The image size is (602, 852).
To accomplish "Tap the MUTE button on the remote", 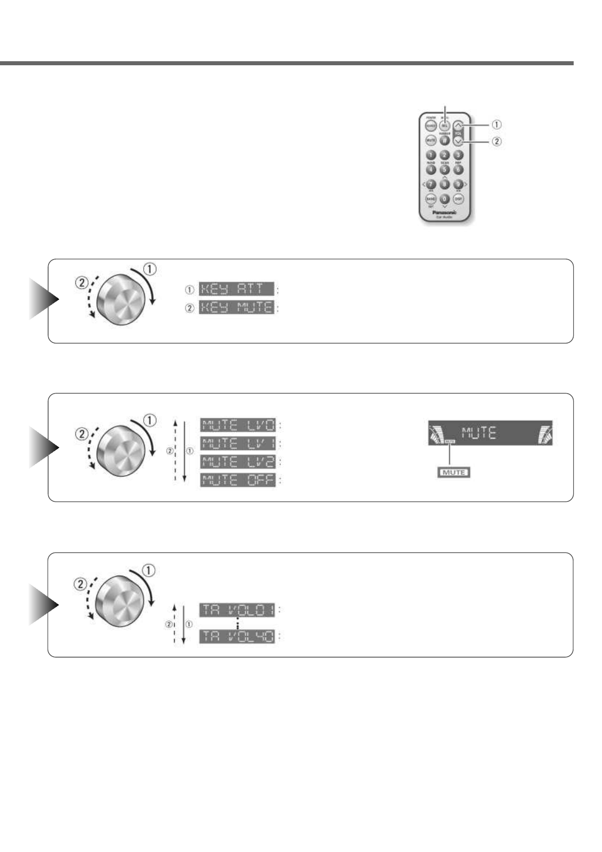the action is (x=431, y=140).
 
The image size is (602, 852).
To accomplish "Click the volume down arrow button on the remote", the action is (x=458, y=142).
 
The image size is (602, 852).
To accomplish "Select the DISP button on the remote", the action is (x=458, y=199).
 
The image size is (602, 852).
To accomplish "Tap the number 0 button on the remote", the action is (x=444, y=199).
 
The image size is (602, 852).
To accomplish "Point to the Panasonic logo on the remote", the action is (x=444, y=213).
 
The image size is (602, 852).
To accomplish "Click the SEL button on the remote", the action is (x=445, y=124).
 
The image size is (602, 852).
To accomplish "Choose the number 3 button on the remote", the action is (x=458, y=155).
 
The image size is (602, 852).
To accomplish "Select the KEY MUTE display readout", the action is (x=236, y=307).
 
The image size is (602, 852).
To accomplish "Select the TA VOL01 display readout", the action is (x=237, y=610).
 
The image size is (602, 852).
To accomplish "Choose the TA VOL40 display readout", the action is (x=237, y=636).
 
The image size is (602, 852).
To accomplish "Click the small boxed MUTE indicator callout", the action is (x=453, y=473).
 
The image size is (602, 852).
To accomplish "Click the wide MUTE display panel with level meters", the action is (x=490, y=433).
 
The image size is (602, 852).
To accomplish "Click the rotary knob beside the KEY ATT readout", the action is (x=121, y=299).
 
